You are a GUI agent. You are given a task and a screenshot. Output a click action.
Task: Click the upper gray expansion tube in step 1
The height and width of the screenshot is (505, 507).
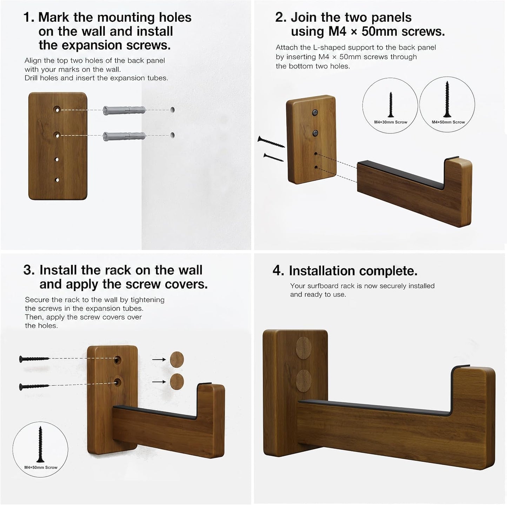124,110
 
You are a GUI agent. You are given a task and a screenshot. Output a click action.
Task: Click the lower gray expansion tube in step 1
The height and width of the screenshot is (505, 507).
124,136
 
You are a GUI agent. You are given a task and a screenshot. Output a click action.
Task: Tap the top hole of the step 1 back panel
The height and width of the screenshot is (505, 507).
57,109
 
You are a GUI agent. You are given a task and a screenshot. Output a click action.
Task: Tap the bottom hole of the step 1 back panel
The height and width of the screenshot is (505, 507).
57,180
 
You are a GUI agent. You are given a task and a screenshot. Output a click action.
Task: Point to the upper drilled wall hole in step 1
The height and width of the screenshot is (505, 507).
172,110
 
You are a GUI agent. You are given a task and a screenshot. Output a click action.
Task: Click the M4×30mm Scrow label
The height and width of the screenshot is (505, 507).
391,122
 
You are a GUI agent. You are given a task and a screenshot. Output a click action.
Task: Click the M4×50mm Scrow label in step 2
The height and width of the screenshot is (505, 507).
448,122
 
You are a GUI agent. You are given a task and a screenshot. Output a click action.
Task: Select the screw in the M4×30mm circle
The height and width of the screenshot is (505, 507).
391,105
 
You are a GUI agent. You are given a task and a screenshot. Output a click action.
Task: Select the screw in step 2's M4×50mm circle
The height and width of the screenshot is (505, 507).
447,99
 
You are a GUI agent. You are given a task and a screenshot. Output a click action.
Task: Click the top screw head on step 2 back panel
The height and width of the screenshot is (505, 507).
315,113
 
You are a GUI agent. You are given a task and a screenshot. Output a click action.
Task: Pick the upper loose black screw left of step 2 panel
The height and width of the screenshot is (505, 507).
271,142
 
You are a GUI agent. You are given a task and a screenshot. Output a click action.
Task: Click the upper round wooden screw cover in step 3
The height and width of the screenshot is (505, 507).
177,359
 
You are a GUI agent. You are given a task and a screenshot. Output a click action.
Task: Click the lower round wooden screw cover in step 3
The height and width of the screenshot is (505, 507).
177,381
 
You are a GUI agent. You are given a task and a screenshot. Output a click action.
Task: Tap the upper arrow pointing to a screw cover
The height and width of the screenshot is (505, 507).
159,359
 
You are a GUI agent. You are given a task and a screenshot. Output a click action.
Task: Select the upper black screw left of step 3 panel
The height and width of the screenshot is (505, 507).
34,359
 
